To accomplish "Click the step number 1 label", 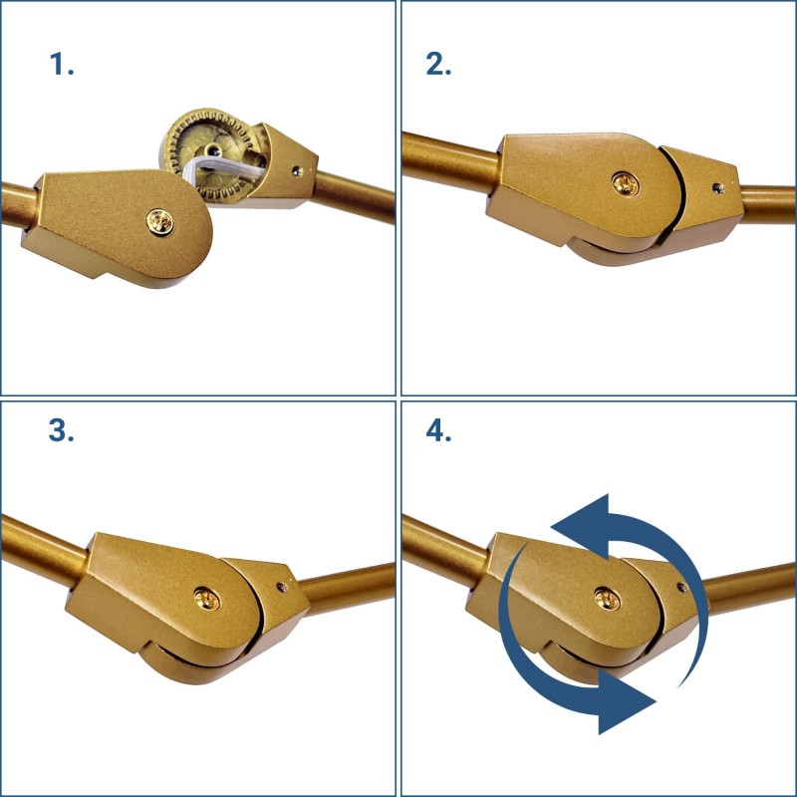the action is point(62,65).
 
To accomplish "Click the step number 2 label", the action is point(438,65).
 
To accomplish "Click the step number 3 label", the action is point(61,431).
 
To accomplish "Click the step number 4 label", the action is point(438,431).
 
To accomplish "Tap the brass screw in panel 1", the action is point(159,222).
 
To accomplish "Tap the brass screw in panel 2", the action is point(626,184).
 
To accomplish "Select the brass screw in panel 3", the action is point(207,599).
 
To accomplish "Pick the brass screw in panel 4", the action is point(608,599).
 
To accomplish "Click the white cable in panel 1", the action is point(222,170).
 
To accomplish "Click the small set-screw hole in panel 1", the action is point(297,170).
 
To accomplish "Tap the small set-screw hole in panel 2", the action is point(718,188).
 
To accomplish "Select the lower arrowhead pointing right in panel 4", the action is point(627,701).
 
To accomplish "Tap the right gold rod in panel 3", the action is point(347,588).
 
